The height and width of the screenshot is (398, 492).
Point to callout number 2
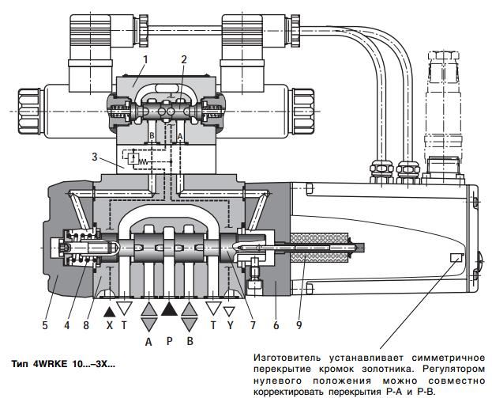tap(183, 59)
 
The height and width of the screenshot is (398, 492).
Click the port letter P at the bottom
tap(169, 342)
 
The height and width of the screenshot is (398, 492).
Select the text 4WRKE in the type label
tap(50, 364)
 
